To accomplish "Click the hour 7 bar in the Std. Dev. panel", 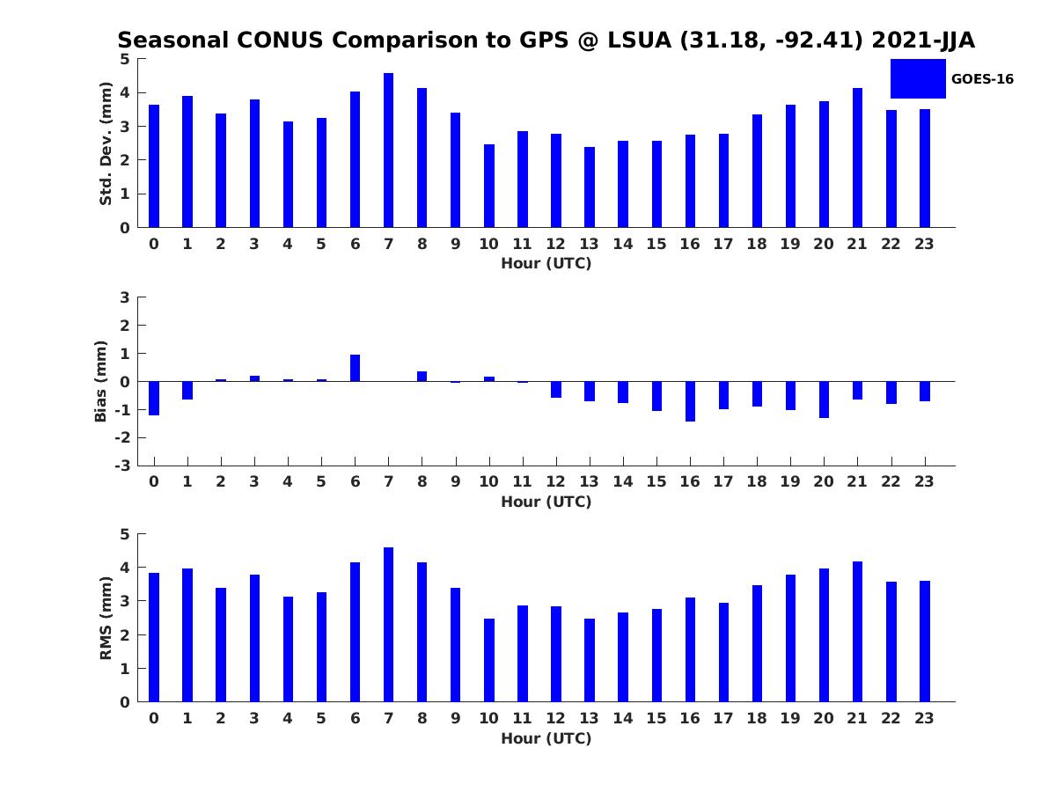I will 388,150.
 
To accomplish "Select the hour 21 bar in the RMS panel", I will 858,632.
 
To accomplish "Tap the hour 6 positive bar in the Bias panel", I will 355,368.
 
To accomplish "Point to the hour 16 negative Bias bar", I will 690,401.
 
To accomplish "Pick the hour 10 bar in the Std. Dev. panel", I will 489,186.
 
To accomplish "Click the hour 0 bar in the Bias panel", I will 154,398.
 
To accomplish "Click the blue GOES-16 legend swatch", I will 918,78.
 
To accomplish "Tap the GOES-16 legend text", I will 982,79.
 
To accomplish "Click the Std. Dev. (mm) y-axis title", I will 106,143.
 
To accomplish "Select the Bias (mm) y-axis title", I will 102,381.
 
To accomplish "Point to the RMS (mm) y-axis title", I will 106,618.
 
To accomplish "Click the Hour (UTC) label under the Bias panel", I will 546,502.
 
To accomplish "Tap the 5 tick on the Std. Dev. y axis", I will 126,59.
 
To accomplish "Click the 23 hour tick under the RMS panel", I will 924,718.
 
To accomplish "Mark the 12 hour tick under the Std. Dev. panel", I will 555,244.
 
